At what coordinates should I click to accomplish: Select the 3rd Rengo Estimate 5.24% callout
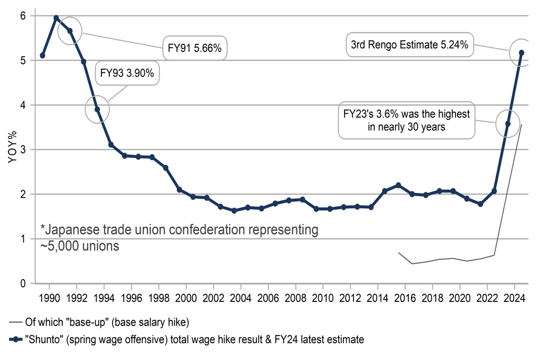click(409, 45)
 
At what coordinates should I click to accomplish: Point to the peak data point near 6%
click(56, 18)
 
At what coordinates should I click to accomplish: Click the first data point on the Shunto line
click(42, 56)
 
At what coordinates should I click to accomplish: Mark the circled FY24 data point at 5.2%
click(522, 52)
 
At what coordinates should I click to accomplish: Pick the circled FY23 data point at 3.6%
click(508, 124)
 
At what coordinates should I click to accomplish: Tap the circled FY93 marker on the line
click(97, 109)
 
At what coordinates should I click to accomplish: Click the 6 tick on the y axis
click(23, 16)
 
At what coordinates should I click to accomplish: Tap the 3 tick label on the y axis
click(23, 150)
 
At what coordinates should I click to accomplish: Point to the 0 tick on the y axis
click(23, 283)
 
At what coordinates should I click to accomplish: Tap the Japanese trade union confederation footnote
click(180, 238)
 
